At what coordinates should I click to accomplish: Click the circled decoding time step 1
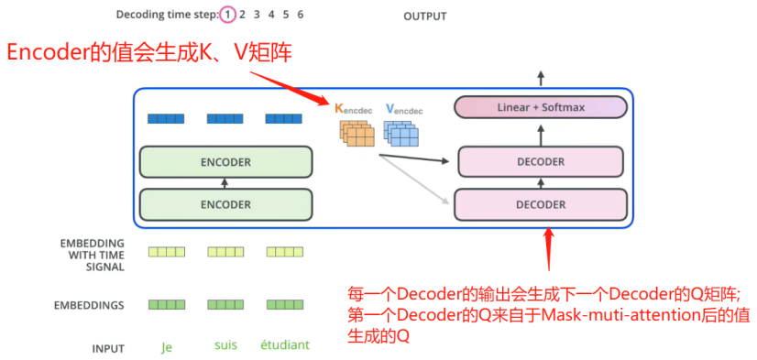(227, 15)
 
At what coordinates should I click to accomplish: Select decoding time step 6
(301, 15)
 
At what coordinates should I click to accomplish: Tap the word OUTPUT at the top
(425, 16)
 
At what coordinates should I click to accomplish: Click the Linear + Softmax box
(541, 107)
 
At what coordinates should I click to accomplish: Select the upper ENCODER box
(226, 162)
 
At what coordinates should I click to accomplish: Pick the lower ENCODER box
(226, 204)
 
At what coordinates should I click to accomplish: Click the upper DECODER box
(541, 162)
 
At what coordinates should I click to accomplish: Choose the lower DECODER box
(541, 204)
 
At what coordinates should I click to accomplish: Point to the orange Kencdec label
(354, 110)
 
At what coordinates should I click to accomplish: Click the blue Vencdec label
(404, 110)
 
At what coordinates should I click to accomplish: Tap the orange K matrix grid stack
(356, 133)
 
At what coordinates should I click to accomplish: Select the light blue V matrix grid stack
(400, 133)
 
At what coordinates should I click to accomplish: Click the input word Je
(167, 347)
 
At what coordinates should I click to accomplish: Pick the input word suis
(226, 345)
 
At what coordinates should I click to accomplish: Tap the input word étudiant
(285, 345)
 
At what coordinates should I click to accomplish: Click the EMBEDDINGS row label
(89, 305)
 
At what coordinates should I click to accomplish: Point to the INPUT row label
(108, 348)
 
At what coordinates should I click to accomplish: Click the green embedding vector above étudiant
(285, 304)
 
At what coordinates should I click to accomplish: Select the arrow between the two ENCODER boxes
(224, 183)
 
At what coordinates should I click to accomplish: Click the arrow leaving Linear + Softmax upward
(541, 79)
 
